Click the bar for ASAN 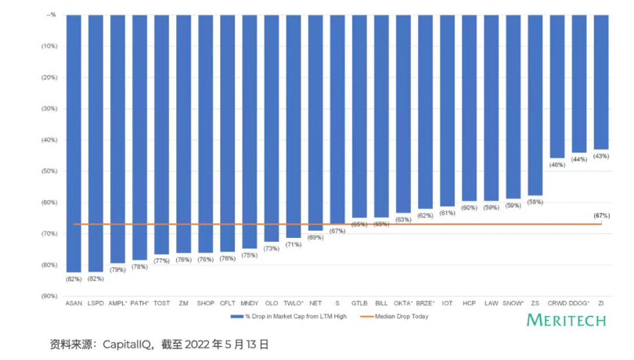click(x=74, y=141)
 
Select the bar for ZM click(x=183, y=133)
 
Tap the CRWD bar click(x=557, y=86)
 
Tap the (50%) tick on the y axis click(x=48, y=171)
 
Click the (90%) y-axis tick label click(x=48, y=296)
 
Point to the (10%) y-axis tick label click(x=48, y=45)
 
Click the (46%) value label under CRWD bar click(x=557, y=165)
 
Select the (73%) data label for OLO click(x=272, y=249)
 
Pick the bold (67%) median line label click(x=602, y=215)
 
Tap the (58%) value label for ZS click(x=535, y=202)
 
